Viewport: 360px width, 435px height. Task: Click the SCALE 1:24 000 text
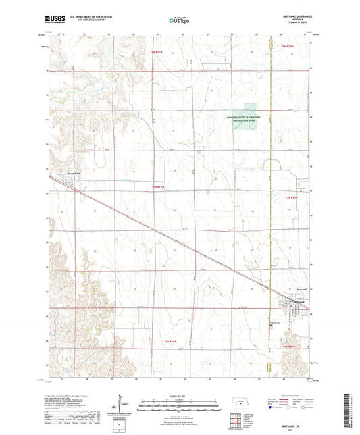click(179, 395)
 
